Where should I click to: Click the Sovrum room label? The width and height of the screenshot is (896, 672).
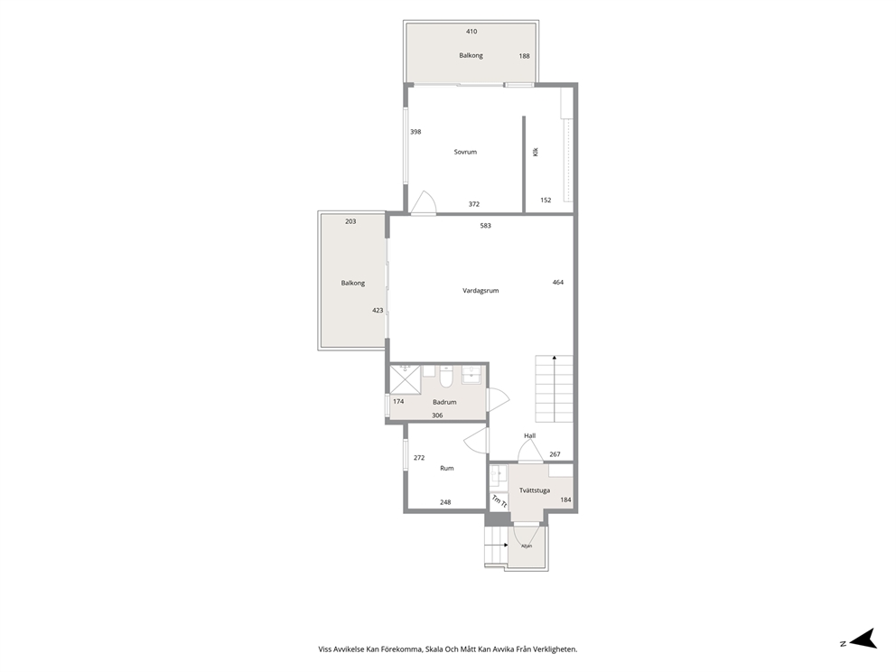coord(465,152)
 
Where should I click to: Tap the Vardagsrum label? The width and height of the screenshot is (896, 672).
coord(481,291)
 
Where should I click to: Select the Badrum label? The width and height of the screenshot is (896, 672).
coord(444,402)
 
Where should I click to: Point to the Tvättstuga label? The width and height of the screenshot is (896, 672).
coord(535,490)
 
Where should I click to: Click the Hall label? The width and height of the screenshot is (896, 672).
coord(529,436)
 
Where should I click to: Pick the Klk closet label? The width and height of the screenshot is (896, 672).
coord(536,152)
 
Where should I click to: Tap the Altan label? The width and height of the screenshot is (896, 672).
coord(527,546)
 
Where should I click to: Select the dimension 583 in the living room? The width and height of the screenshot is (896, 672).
coord(485,226)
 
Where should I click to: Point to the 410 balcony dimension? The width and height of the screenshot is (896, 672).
coord(471,32)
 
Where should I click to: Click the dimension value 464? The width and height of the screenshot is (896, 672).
coord(557,283)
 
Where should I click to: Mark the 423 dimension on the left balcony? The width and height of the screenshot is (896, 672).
coord(378,311)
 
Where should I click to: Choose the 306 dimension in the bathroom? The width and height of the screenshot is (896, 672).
coord(437,415)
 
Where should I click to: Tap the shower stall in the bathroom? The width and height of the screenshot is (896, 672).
coord(405,379)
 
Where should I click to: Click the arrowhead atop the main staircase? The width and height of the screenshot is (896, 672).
coord(554,358)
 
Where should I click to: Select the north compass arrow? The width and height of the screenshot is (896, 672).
coord(863,639)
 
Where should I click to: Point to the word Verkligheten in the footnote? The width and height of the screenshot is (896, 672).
coord(557,649)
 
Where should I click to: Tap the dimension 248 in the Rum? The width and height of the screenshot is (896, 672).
coord(445,502)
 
